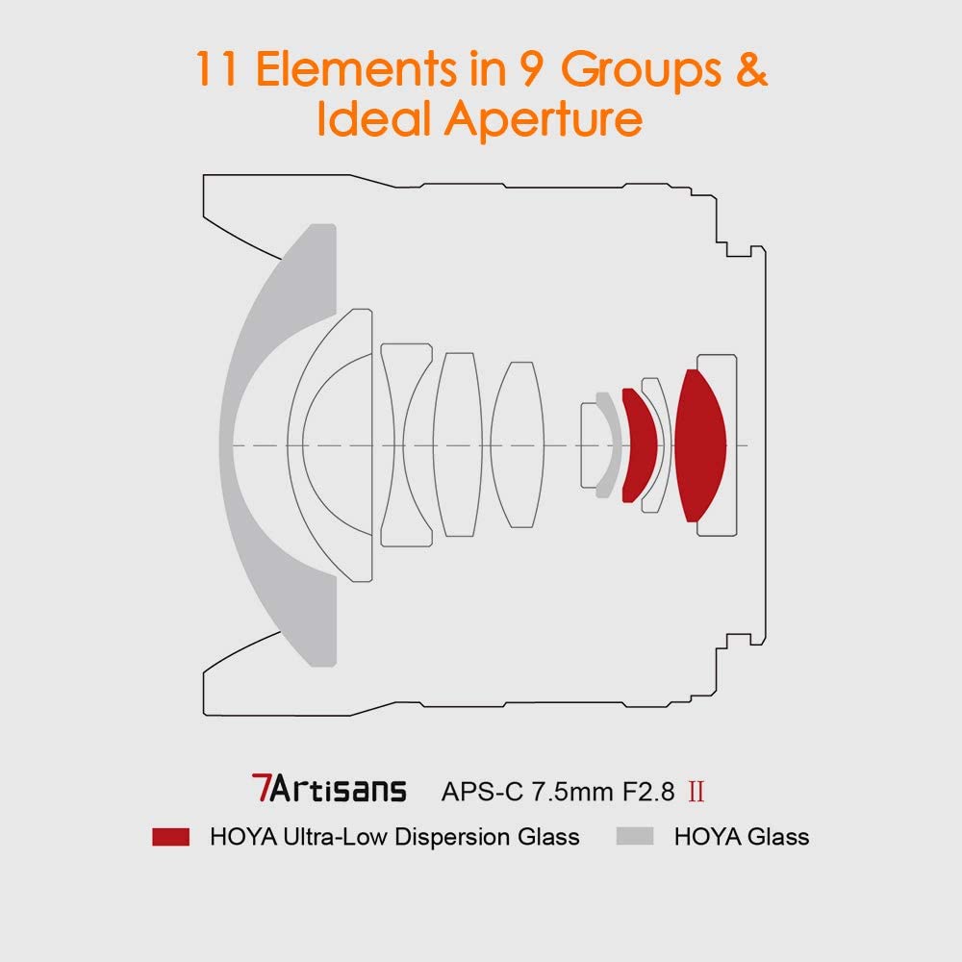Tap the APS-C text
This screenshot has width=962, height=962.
(x=479, y=792)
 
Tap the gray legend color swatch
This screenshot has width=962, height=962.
(x=635, y=837)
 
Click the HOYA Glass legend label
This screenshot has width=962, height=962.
(x=742, y=837)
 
